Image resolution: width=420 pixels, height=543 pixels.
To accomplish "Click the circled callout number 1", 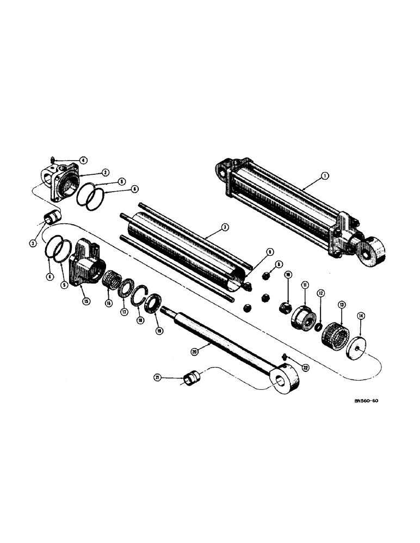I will (x=324, y=175).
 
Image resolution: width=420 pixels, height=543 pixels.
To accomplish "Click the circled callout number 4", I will (x=83, y=160).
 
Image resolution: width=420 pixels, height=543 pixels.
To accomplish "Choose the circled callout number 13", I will (x=342, y=304).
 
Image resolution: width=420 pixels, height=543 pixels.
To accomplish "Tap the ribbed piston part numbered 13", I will (x=333, y=338).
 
